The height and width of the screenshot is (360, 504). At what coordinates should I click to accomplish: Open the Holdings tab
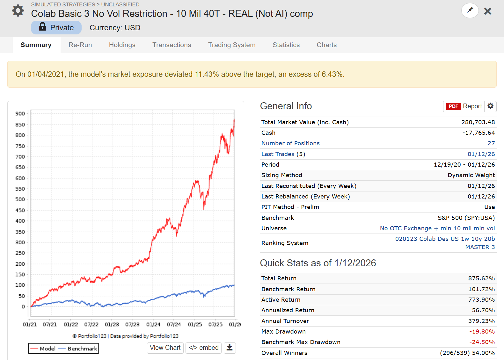point(122,45)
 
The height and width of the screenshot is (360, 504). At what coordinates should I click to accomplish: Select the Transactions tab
point(172,45)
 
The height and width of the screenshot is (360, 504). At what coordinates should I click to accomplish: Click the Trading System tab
point(232,45)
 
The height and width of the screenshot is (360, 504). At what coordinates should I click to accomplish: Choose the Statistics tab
point(286,45)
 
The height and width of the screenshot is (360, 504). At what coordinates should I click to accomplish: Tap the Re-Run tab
point(80,45)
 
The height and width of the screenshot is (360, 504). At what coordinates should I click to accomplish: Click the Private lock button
point(56,28)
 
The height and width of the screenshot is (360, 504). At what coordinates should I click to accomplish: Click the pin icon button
point(470,11)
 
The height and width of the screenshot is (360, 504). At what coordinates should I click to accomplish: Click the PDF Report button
point(464,106)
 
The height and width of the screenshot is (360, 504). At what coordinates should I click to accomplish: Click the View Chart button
point(165,348)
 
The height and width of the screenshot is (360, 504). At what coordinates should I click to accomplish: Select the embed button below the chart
point(204,348)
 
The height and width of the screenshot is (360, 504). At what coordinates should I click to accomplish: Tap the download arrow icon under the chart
point(230,348)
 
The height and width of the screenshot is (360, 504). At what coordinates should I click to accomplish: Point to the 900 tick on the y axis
point(20,114)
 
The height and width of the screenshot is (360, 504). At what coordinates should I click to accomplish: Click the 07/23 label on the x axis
point(132,324)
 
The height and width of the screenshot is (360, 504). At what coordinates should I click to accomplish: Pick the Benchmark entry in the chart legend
point(82,349)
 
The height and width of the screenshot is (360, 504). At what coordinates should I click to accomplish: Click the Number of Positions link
point(290,143)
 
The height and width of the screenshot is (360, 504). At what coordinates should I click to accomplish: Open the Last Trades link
point(278,154)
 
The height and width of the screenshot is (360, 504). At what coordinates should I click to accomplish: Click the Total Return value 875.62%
point(481,278)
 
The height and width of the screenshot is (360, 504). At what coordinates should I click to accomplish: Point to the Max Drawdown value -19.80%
point(482,332)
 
